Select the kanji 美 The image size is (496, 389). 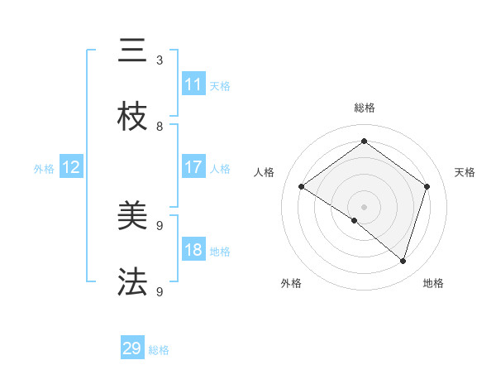(x=132, y=217)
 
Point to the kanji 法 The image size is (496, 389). (x=132, y=282)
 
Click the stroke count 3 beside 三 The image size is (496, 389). (x=160, y=60)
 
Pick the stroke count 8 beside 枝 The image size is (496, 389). (x=160, y=127)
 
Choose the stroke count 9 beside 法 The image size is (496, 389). (x=160, y=291)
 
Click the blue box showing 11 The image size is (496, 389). (x=193, y=84)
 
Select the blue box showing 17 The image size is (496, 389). (x=193, y=167)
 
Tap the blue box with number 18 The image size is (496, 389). (x=193, y=250)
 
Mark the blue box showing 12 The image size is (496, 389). (x=71, y=167)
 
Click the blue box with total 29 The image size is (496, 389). (x=132, y=348)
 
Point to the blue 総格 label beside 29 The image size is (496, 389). (x=159, y=350)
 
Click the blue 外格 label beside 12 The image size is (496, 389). (x=44, y=169)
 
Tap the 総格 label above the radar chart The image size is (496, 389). (x=365, y=108)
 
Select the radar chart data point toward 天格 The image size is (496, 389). (x=427, y=186)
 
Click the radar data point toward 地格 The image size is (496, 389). (x=403, y=261)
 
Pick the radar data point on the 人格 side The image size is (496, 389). (x=301, y=187)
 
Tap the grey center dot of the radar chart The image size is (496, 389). (x=364, y=206)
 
